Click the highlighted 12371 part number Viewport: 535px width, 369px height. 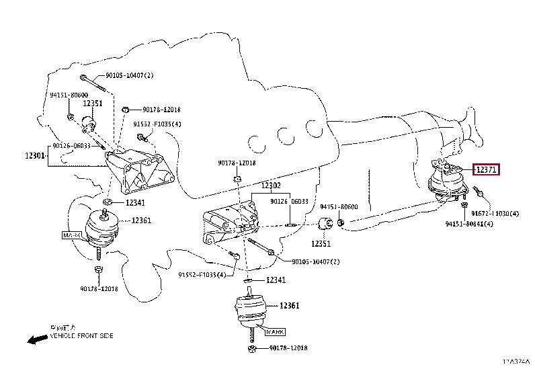(486, 170)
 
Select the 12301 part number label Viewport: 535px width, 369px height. (34, 155)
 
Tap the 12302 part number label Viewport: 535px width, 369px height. (270, 185)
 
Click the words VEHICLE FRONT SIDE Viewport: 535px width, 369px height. (81, 335)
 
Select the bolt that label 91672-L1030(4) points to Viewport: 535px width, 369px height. (481, 194)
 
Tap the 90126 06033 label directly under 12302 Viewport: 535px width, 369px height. (289, 201)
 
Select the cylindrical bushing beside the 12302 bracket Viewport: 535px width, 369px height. (326, 223)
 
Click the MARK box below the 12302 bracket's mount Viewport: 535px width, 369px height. (274, 331)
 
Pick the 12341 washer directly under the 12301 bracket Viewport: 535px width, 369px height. (108, 201)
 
